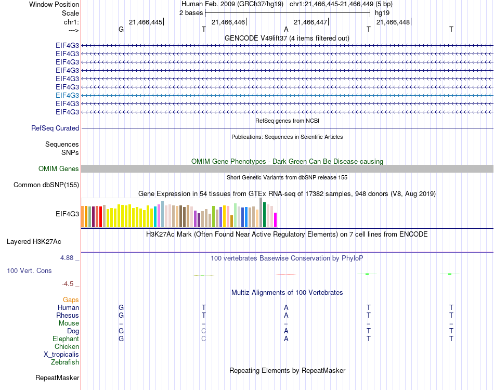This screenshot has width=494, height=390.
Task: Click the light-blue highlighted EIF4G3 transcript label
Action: point(68,95)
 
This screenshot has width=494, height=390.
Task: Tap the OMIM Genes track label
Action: point(59,168)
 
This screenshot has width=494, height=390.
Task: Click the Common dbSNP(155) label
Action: point(46,185)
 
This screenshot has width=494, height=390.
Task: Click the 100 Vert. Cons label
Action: point(29,270)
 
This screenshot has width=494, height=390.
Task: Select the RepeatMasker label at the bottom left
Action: point(57,378)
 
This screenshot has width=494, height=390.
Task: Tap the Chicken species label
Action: point(67,346)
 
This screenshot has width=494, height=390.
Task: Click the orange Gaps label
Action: point(71,300)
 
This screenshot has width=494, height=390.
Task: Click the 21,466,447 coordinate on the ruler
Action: point(310,22)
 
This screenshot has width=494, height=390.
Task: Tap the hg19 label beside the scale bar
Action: point(382,12)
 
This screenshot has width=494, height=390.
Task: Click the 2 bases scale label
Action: point(191,12)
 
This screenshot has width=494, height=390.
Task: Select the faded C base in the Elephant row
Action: point(204,339)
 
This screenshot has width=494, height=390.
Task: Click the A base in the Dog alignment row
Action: point(286,331)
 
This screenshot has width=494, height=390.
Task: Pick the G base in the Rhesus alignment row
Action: point(121,315)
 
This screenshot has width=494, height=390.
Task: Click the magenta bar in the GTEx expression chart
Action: point(276,220)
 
